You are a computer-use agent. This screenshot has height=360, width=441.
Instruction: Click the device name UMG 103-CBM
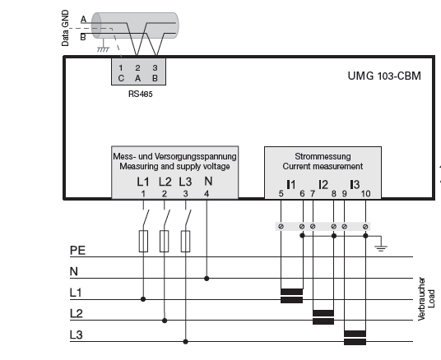point(384,76)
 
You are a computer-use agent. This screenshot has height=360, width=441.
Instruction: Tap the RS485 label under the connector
point(141,94)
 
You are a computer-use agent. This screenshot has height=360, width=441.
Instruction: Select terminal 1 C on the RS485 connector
point(121,73)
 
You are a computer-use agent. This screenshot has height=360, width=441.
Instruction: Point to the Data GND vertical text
point(65,28)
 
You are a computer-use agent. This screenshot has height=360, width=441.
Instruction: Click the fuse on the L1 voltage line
point(143,241)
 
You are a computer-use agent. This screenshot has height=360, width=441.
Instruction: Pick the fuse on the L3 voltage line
point(185,241)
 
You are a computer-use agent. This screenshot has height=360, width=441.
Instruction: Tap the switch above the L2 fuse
point(166,217)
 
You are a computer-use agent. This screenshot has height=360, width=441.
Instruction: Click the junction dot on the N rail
point(207,279)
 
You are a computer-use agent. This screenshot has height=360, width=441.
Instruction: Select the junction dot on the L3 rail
point(185,342)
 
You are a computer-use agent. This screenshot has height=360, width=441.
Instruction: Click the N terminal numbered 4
point(207,187)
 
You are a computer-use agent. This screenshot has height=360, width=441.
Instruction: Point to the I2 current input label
point(323,185)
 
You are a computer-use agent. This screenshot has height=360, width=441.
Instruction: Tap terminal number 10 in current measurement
point(365,194)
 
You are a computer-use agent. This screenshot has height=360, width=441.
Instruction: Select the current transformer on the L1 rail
point(291,296)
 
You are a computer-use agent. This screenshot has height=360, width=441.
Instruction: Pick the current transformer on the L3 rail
point(355,338)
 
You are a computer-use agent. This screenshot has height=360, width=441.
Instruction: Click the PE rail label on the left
point(77,251)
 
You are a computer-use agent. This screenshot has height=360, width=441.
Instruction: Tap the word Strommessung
point(323,156)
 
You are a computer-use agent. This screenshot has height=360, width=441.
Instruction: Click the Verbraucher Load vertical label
point(426,298)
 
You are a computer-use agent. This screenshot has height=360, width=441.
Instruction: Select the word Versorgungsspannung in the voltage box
point(196,156)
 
